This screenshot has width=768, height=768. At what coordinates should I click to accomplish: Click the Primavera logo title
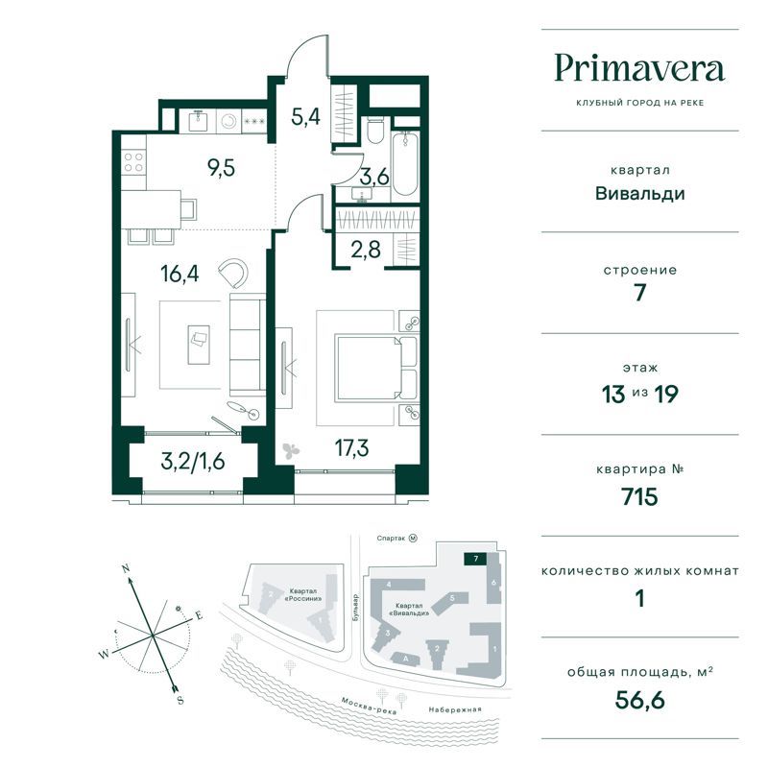639,69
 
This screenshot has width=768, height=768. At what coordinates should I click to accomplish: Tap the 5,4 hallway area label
305,117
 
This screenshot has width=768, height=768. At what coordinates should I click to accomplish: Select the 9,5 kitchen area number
222,167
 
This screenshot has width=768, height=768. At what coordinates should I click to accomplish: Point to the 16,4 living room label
180,274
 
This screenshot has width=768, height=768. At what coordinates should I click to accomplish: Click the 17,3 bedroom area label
351,447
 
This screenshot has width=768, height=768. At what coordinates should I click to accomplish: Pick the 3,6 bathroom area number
374,177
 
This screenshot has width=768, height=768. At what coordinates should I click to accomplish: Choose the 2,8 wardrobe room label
366,250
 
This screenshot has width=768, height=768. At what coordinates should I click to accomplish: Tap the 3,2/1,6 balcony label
193,462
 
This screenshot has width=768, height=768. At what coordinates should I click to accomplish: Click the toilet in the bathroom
375,130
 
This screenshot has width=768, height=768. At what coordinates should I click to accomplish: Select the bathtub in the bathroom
405,162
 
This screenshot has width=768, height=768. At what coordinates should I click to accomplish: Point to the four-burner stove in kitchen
133,162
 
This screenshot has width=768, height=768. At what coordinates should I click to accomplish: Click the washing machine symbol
228,121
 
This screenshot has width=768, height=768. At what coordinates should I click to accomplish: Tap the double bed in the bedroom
376,368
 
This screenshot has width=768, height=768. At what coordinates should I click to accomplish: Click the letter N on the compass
126,568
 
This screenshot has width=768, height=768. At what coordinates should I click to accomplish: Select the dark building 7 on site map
475,559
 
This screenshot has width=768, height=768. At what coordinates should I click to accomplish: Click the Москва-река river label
369,706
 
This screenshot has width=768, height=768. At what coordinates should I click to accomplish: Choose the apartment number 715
639,496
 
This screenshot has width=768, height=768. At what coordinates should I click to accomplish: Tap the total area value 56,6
639,700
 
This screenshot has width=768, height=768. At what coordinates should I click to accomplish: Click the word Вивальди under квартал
639,194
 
